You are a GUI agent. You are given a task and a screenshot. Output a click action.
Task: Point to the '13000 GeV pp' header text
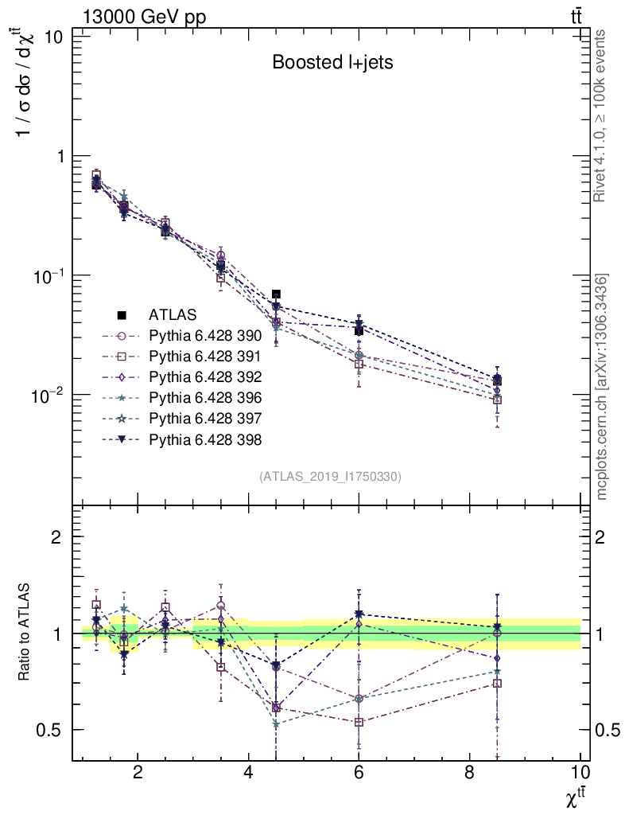point(144,18)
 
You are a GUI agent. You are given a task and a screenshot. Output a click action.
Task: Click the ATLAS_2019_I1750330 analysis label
point(330,477)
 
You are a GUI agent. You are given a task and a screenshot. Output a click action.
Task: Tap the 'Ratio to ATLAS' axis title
point(26,632)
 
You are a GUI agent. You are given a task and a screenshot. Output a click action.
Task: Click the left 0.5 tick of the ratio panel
point(52,730)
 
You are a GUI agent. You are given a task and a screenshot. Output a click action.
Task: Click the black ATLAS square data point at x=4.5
point(276,294)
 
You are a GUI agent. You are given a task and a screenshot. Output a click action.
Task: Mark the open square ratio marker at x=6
point(359,722)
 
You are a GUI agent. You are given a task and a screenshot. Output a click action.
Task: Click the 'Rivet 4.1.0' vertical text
point(601,115)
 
